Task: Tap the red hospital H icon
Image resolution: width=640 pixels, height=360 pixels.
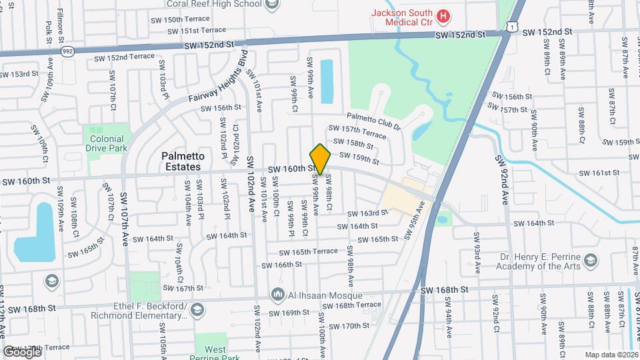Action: [443, 15]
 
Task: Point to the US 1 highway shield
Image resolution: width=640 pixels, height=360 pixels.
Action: [511, 25]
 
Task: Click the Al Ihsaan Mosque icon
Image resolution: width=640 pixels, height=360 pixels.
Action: [278, 295]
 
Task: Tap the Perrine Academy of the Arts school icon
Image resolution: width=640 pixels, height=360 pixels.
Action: [591, 261]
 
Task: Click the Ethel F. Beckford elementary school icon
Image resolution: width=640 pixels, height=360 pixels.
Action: [197, 309]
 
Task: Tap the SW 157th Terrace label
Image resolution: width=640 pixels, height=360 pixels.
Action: [357, 131]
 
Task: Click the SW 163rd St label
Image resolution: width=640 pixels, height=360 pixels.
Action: [370, 213]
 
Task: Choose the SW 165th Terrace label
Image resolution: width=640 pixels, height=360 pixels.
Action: [309, 252]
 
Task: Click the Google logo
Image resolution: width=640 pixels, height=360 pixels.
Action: [22, 351]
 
